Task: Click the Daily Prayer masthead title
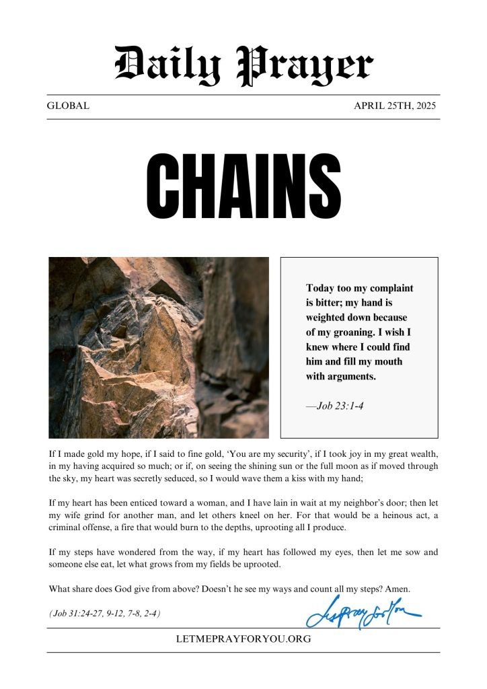coord(243,65)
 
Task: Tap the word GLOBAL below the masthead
coord(68,106)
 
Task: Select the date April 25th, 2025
coord(395,106)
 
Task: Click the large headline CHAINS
coord(243,182)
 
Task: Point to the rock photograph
coord(159,347)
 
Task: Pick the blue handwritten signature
coord(363,612)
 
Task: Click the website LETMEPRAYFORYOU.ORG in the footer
coord(243,639)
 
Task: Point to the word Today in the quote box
coord(321,288)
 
